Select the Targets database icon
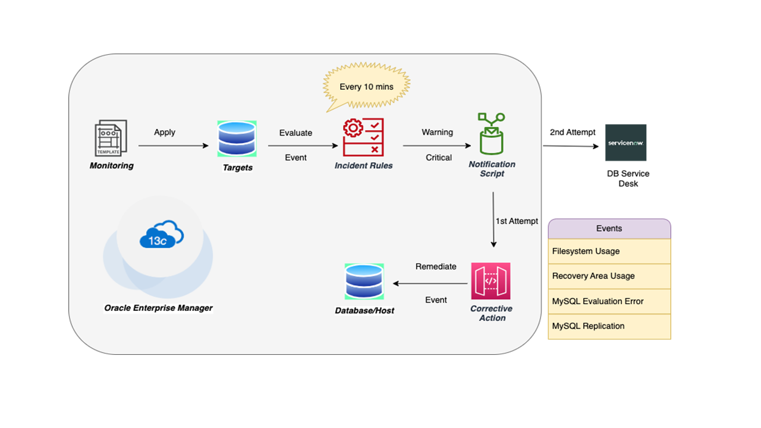click(x=237, y=139)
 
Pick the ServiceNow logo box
click(x=625, y=143)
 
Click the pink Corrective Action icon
click(x=491, y=281)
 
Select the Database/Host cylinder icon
click(x=364, y=282)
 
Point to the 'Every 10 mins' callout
click(x=366, y=87)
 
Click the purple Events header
click(x=609, y=229)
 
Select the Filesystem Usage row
click(x=609, y=251)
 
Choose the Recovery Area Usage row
click(x=609, y=276)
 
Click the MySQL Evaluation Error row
click(x=609, y=301)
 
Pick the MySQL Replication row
click(x=609, y=326)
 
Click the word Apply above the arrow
click(x=165, y=132)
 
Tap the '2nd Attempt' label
click(x=573, y=132)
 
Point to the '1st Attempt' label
click(x=517, y=221)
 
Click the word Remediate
click(x=436, y=266)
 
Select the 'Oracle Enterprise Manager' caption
click(x=158, y=308)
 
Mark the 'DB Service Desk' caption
click(x=628, y=178)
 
